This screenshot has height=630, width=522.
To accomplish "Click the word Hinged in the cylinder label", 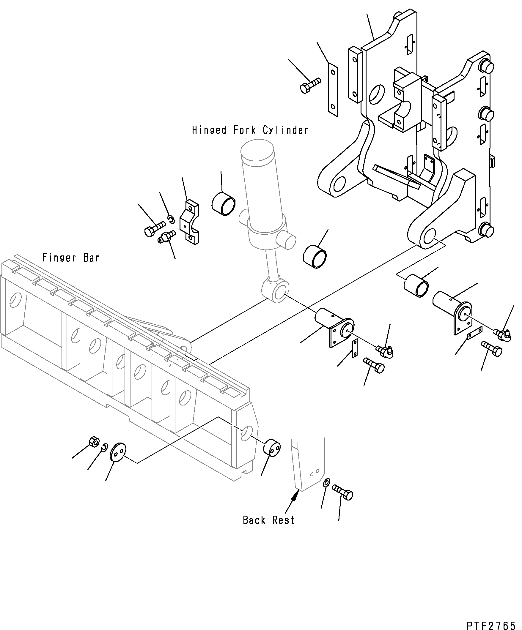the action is coord(209,130).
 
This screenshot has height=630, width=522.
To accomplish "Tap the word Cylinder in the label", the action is coord(285,130).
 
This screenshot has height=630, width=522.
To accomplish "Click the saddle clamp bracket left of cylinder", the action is coord(189,222).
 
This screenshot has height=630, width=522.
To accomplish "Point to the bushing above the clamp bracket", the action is coord(223,203).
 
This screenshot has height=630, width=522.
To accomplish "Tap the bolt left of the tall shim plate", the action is coord(310,85).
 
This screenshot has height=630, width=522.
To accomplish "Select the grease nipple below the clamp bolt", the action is coord(166,236).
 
